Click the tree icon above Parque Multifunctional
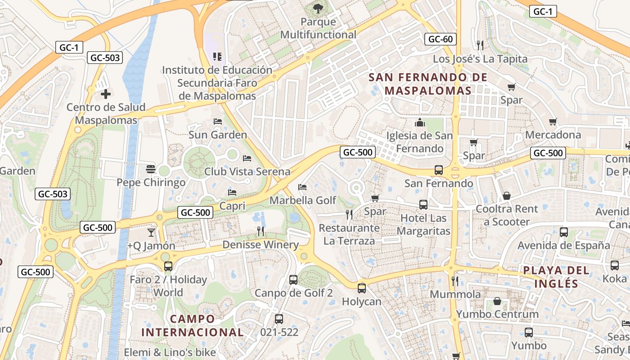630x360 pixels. (318, 8)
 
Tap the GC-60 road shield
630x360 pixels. (440, 39)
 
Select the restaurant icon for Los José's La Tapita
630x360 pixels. (480, 45)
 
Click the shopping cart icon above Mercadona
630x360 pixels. (553, 121)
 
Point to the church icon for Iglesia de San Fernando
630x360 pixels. (420, 122)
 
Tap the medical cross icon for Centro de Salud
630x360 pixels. (106, 94)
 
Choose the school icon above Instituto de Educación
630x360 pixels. (217, 57)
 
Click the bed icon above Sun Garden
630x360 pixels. (218, 121)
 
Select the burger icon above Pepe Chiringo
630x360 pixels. (151, 169)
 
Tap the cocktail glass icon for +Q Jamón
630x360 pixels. (151, 232)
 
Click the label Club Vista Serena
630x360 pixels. (247, 171)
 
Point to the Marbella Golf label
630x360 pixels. (303, 200)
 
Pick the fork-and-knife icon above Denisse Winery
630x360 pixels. (261, 231)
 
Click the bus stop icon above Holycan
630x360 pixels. (362, 288)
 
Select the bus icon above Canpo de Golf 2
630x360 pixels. (293, 280)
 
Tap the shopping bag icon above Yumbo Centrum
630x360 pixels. (497, 301)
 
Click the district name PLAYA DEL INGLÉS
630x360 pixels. (556, 277)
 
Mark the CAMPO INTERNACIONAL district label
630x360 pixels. (193, 326)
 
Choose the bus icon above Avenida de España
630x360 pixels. (563, 232)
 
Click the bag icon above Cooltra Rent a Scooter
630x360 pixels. (507, 196)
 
